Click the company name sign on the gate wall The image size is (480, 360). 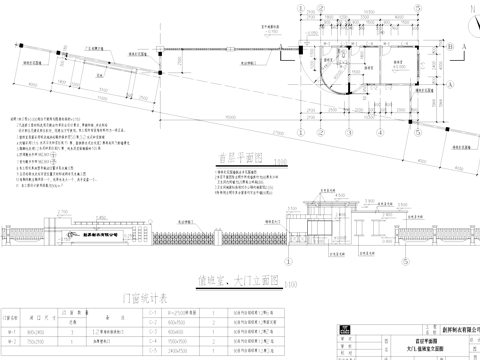point(95,232)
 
